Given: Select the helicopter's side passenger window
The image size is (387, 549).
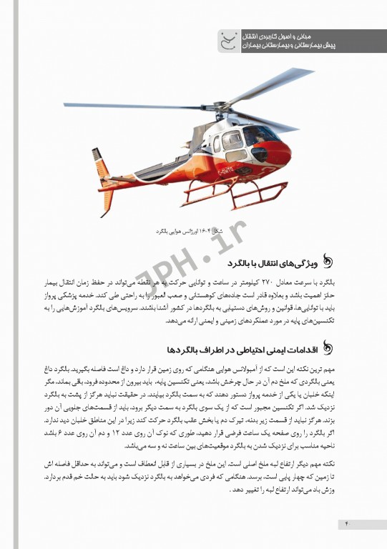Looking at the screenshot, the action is click(230, 140).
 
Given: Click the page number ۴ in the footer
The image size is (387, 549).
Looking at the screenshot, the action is click(347, 523).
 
